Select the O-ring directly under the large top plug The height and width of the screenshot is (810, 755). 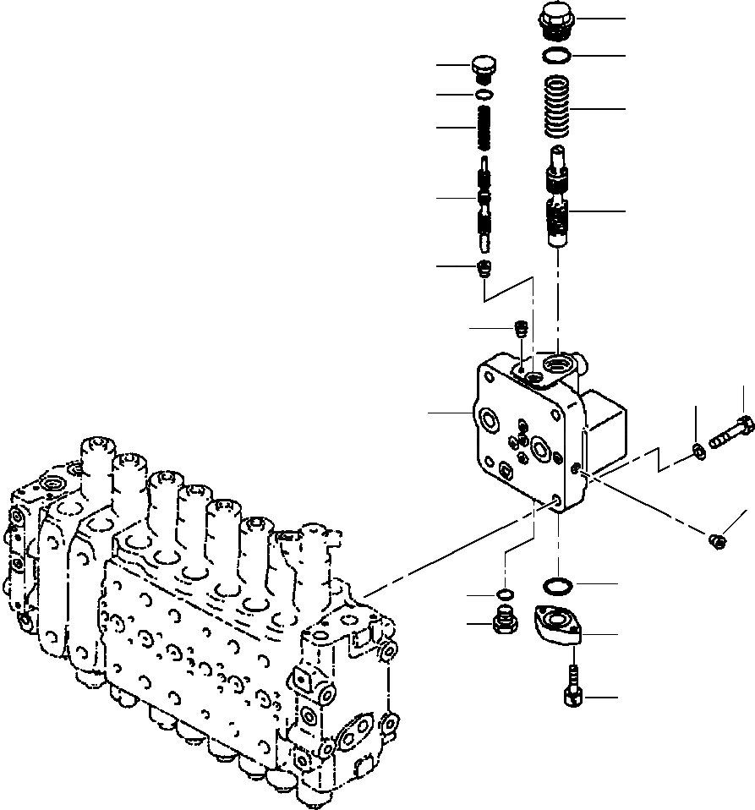click(x=555, y=56)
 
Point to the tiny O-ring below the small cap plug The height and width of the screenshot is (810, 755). click(x=484, y=94)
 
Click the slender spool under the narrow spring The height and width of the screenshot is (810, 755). click(x=484, y=203)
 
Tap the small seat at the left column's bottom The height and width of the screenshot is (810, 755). click(x=485, y=269)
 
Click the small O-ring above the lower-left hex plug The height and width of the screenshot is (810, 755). click(x=504, y=594)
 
